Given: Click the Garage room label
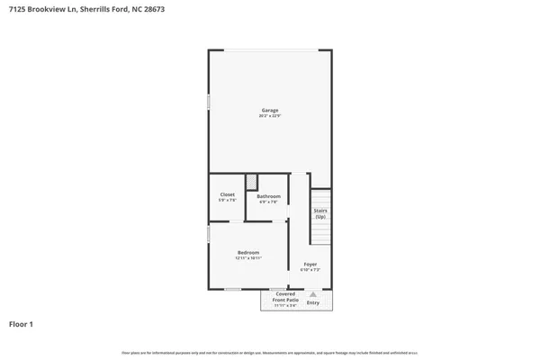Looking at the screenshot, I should point(269,111).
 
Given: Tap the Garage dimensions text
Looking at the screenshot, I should point(269,116).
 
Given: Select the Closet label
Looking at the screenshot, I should point(228,194).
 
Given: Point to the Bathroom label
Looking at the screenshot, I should point(268,196).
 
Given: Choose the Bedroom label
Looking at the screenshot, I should point(248,252).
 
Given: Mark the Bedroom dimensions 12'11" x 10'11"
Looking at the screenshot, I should point(248,258).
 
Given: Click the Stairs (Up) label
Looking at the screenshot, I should point(319,214).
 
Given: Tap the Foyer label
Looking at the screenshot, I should point(310,264).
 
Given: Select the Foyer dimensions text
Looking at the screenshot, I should point(310,270).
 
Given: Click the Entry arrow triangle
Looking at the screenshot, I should point(312,293).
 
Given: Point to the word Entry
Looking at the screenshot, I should point(312,302).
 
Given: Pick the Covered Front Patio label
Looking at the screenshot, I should point(285,297).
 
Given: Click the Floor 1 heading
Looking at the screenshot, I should point(22,324).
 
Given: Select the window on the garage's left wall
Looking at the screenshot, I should point(209,103).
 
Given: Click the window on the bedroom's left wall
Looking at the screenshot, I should point(209,234).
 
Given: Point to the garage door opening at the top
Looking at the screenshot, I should point(270,49).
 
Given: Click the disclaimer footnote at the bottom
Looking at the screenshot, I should point(270,352).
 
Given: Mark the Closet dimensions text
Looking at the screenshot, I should point(228,200).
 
